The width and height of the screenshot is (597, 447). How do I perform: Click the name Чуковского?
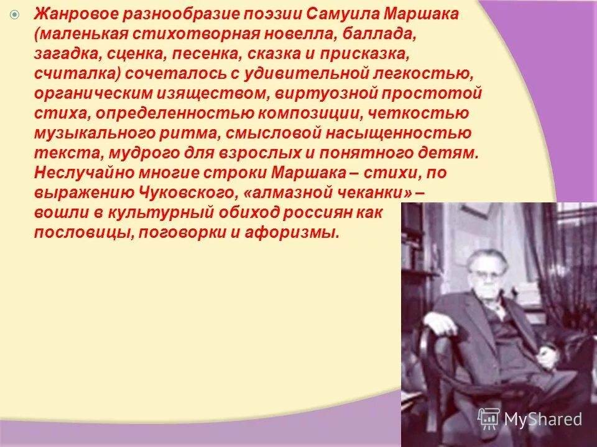[179, 192]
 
